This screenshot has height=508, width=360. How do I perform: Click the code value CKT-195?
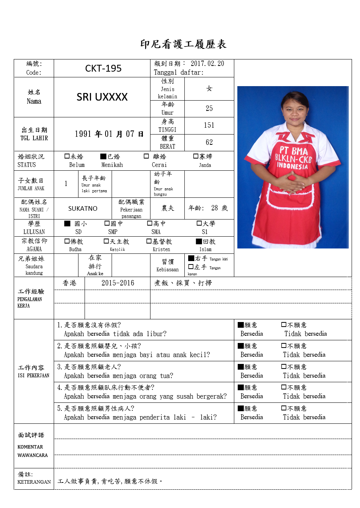coord(103,69)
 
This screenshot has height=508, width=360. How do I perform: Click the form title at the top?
coord(183,44)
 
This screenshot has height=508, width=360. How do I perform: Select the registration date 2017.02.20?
coord(207,64)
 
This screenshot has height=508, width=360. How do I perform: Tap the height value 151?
coord(209,125)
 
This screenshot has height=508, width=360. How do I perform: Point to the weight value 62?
coord(209,143)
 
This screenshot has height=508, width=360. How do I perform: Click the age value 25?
coord(209,109)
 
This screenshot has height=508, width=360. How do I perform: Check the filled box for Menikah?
coord(103,156)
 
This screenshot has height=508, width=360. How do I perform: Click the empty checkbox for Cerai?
coord(146,156)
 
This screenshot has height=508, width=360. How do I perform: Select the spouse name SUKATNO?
coord(83,209)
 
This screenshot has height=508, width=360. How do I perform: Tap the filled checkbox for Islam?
coord(199,241)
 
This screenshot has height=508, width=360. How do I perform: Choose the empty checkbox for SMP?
coord(107,223)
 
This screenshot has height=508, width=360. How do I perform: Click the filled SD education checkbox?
coord(67,223)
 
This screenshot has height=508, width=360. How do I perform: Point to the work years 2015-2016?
coord(118,283)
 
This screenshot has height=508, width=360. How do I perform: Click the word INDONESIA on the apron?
coord(292,166)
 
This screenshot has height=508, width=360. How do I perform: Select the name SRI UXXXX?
coord(102,97)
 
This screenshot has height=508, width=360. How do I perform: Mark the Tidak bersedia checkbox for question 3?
coord(284,367)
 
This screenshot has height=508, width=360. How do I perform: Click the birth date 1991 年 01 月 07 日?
coord(109,134)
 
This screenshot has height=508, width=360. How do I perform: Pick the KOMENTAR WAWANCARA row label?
coord(33,451)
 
